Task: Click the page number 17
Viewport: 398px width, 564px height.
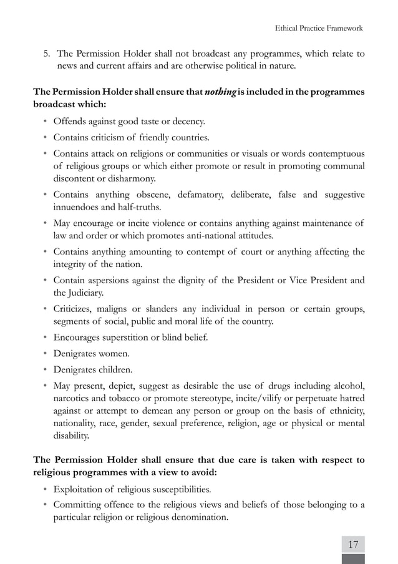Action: (x=353, y=544)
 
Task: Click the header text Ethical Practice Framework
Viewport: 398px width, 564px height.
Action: (x=319, y=28)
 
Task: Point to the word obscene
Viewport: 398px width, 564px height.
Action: (x=145, y=195)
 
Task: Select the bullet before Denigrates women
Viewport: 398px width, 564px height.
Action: (x=46, y=354)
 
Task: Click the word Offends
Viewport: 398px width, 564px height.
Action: (x=70, y=121)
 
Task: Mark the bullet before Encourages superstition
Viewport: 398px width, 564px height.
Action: (x=46, y=338)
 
